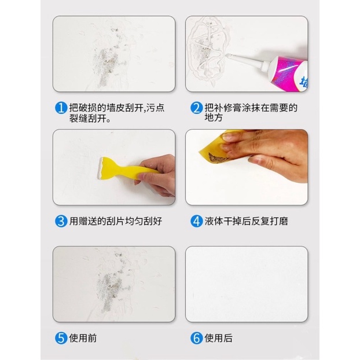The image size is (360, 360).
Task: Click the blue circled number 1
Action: click(x=61, y=108)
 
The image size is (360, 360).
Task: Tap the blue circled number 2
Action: click(x=197, y=108)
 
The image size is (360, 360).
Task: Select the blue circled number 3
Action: click(x=61, y=221)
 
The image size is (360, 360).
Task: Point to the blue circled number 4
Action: click(x=197, y=221)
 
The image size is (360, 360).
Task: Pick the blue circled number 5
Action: click(x=61, y=338)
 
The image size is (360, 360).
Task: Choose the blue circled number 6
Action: click(x=197, y=338)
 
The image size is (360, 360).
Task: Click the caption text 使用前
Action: click(x=83, y=338)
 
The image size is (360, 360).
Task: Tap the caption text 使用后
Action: click(x=218, y=338)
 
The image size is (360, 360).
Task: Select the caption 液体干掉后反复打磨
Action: click(x=247, y=221)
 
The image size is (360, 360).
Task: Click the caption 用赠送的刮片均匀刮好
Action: click(x=116, y=221)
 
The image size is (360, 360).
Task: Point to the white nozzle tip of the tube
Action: click(x=228, y=55)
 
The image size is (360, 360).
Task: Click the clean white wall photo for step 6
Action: click(x=247, y=284)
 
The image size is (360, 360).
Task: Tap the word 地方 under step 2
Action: click(x=214, y=117)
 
